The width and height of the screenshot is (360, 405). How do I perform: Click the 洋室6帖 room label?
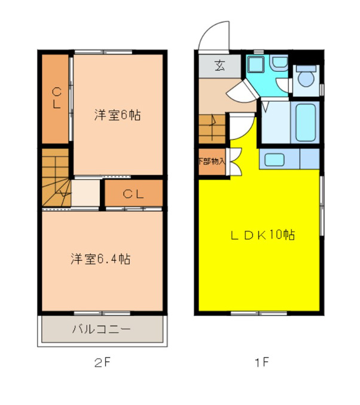pos(117,115)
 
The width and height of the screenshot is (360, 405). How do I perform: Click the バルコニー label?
pos(101,328)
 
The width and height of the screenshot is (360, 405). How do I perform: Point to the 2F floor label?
pos(102,362)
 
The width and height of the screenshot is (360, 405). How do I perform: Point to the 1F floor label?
pos(261,362)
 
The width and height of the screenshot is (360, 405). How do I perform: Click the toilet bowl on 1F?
pos(307,77)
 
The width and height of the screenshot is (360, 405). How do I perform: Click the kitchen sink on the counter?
pos(276,159)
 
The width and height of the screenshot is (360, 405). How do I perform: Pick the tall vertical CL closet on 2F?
pos(56,99)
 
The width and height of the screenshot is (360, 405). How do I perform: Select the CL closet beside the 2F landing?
pos(133,193)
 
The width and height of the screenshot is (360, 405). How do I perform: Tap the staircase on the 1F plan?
pos(212,127)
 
